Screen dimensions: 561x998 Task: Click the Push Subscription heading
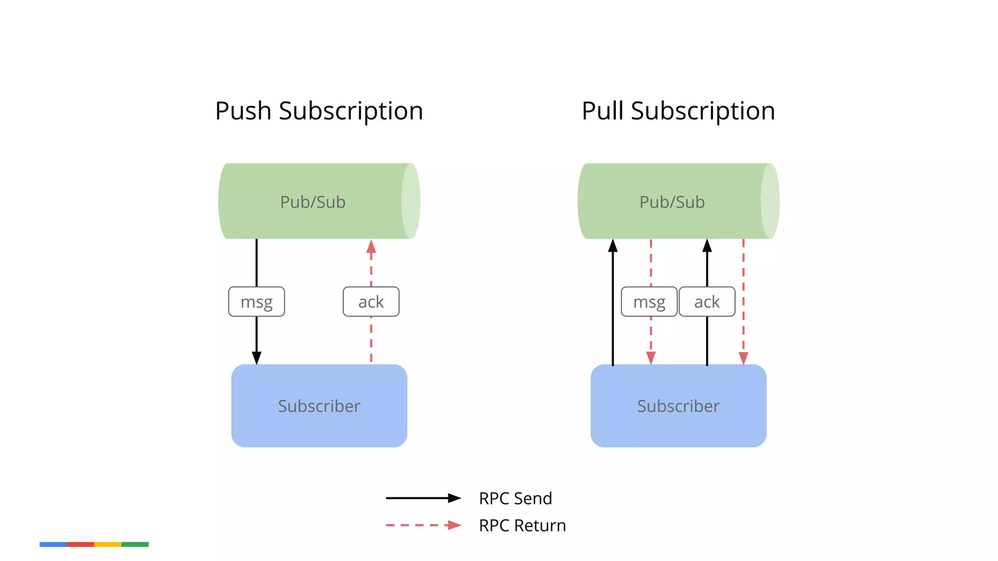pyautogui.click(x=319, y=111)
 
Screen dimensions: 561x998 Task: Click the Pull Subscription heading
pyautogui.click(x=678, y=111)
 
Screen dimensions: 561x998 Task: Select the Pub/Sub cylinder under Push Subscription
pyautogui.click(x=313, y=202)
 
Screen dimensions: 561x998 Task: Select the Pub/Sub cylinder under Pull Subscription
pyautogui.click(x=672, y=202)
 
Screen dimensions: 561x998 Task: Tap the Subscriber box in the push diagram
pyautogui.click(x=319, y=406)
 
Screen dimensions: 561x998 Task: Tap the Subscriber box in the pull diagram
pyautogui.click(x=678, y=406)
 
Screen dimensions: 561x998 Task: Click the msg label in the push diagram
pyautogui.click(x=256, y=302)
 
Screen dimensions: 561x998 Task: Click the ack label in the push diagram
pyautogui.click(x=371, y=302)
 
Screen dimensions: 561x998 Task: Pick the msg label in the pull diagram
pyautogui.click(x=649, y=302)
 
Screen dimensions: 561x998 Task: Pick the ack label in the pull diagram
pyautogui.click(x=707, y=302)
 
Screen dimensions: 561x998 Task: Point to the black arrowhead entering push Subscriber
pyautogui.click(x=256, y=358)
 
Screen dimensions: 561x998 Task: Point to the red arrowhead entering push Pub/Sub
pyautogui.click(x=371, y=246)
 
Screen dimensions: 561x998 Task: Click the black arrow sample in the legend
pyautogui.click(x=423, y=498)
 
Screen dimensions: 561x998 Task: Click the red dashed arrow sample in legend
pyautogui.click(x=423, y=525)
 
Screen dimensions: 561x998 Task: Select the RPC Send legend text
pyautogui.click(x=515, y=499)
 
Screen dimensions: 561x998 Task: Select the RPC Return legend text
pyautogui.click(x=522, y=525)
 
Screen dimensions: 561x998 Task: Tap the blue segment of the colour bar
pyautogui.click(x=53, y=544)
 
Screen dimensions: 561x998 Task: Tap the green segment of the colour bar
pyautogui.click(x=135, y=544)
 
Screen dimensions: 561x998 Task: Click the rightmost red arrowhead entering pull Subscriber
pyautogui.click(x=743, y=358)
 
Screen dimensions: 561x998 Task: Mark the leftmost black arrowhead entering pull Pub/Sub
pyautogui.click(x=613, y=246)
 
